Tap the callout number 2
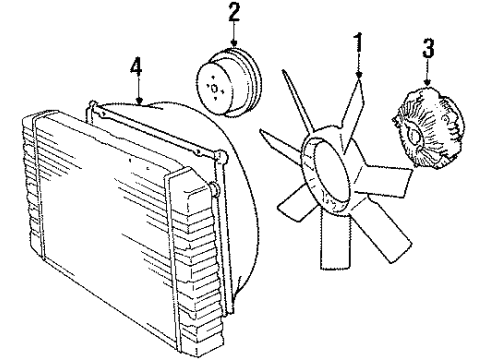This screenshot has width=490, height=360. (235, 13)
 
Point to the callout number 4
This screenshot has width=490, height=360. (136, 68)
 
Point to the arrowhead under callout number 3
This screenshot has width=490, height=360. (428, 83)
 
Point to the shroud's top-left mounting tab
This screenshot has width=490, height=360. (92, 105)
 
